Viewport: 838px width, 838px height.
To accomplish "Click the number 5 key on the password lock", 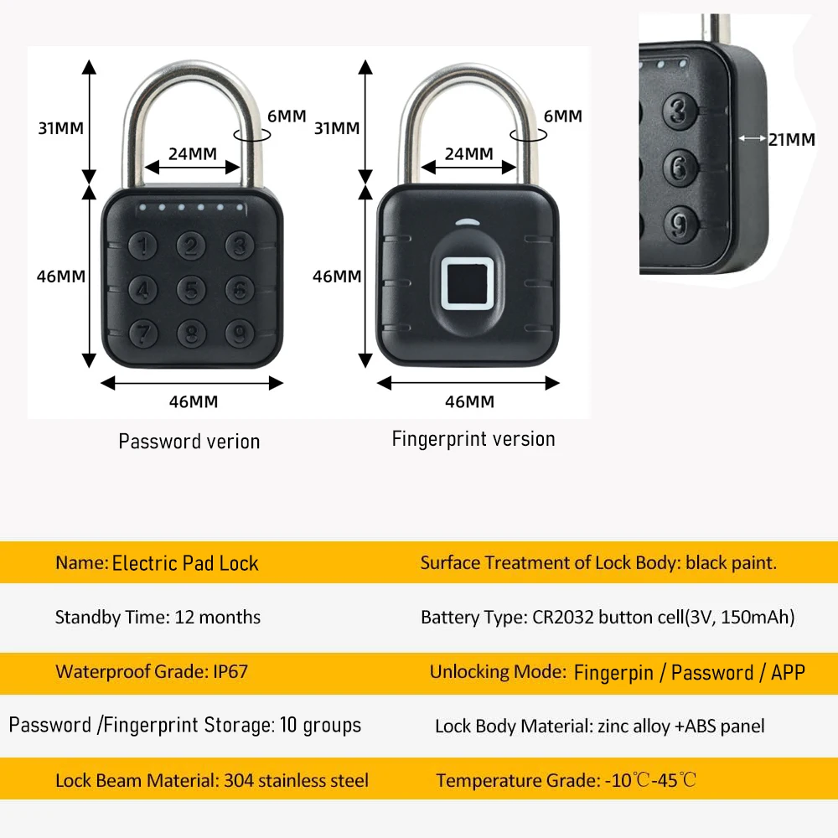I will (192, 290).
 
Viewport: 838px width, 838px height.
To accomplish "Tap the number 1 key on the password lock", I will (145, 245).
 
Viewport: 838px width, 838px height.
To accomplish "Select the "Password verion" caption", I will (189, 442).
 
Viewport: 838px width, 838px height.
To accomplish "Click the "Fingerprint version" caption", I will (473, 439).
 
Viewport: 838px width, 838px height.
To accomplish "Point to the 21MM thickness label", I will (792, 140).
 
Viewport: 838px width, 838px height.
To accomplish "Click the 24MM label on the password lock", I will (193, 154).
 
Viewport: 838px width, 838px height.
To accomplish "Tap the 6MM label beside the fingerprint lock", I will (563, 116).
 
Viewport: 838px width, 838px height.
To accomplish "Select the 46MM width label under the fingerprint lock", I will (469, 401).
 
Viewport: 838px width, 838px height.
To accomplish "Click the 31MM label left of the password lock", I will (61, 128).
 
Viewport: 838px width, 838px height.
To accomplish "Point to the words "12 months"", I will (218, 618).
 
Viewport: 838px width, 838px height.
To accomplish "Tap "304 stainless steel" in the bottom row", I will (296, 780).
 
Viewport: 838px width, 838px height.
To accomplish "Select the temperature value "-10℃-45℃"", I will (650, 781).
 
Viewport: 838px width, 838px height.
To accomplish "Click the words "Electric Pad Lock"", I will (185, 563).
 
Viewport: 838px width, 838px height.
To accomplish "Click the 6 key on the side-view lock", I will (680, 165).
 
